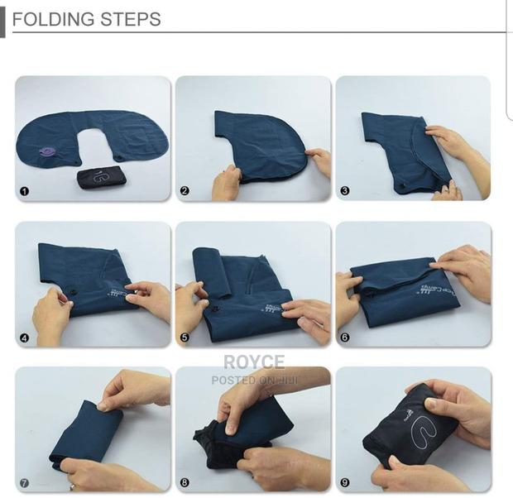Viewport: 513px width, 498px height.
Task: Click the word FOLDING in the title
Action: point(50,19)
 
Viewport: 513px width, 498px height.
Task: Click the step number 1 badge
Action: point(24,191)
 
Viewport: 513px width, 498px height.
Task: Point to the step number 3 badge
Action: point(344,191)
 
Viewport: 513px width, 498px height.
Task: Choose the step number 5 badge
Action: point(185,338)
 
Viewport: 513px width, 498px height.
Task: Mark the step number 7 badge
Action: point(24,482)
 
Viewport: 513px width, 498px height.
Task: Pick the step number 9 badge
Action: point(344,482)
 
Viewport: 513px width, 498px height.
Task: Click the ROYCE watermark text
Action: point(253,362)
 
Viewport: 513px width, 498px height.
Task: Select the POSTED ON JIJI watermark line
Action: point(253,381)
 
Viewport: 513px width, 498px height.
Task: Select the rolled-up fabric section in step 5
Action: point(212,272)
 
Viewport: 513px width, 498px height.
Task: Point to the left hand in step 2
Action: point(225,183)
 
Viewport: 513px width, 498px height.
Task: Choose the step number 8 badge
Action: point(185,482)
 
